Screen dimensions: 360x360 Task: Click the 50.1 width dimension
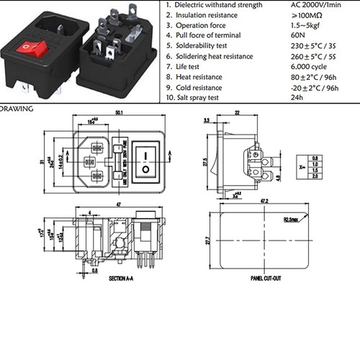pos(120,112)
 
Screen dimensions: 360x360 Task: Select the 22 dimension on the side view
pos(238,112)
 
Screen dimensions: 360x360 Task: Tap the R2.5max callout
pos(292,218)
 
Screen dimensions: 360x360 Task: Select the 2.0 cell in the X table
pos(315,176)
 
